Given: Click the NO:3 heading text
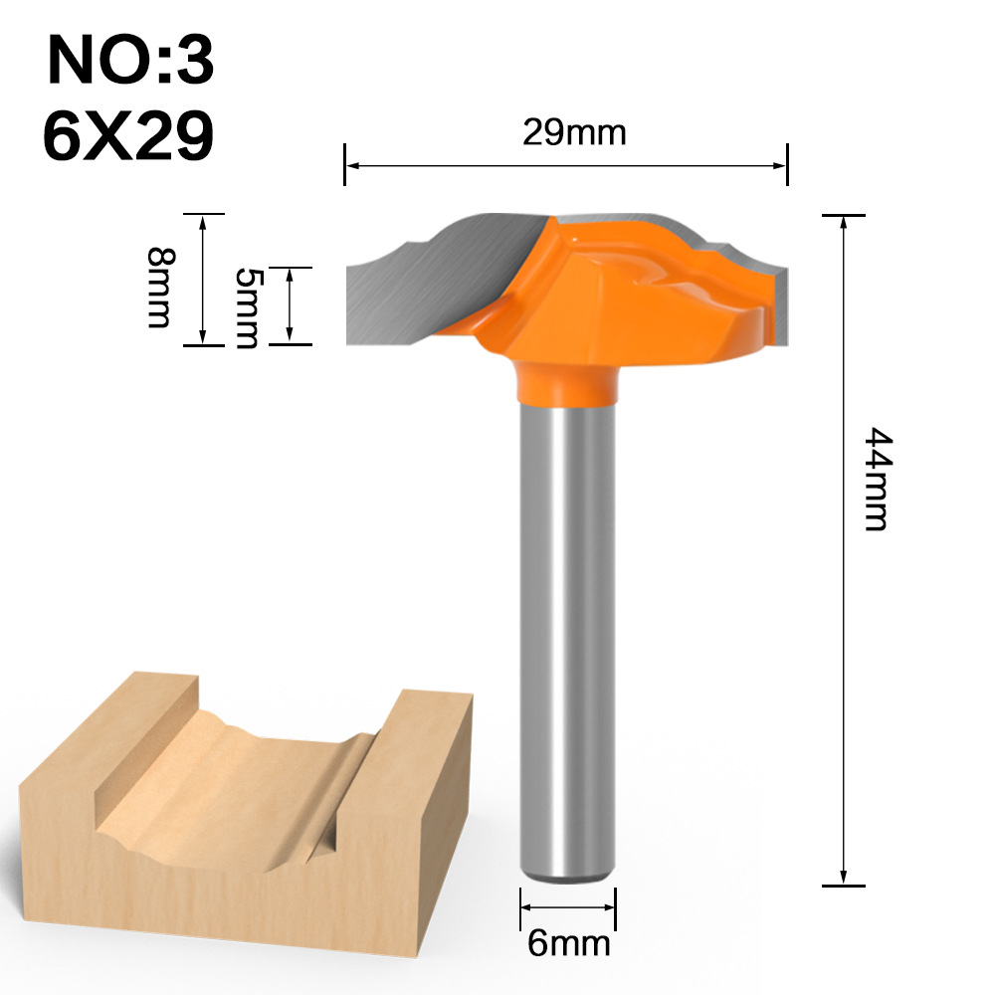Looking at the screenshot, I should point(129,62).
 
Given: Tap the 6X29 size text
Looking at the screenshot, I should point(128,136).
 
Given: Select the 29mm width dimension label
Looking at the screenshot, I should point(574,132).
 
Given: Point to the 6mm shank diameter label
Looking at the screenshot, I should point(567,941).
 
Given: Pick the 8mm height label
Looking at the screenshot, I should point(159,288).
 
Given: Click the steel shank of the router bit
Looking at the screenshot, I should point(566,637).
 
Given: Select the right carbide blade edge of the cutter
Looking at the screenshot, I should point(781,298).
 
